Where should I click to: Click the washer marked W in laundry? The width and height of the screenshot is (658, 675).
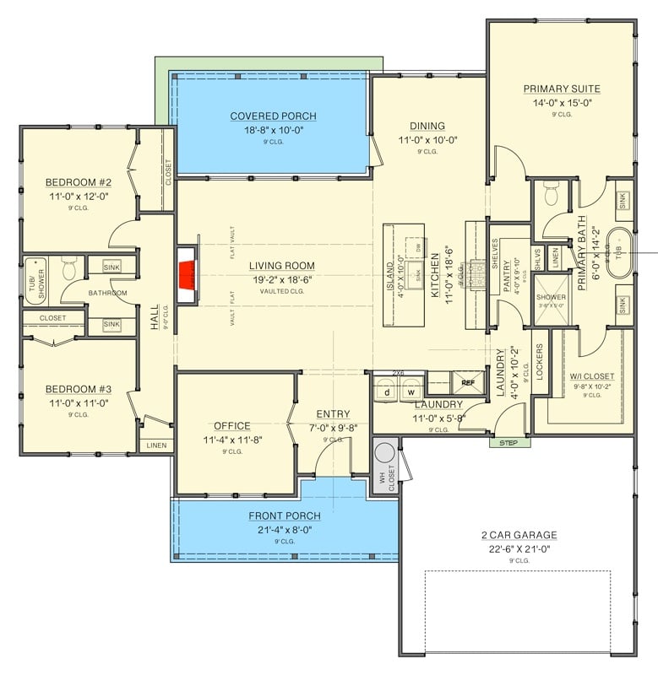(x=411, y=391)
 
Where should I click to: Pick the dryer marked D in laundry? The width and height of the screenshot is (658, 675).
(x=387, y=391)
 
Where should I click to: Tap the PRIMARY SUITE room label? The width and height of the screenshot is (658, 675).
(x=562, y=89)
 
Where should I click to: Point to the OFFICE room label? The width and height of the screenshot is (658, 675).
(x=232, y=426)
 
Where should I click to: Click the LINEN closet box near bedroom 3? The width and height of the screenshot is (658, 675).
(x=156, y=445)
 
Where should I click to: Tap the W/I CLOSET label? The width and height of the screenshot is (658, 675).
(x=591, y=376)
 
